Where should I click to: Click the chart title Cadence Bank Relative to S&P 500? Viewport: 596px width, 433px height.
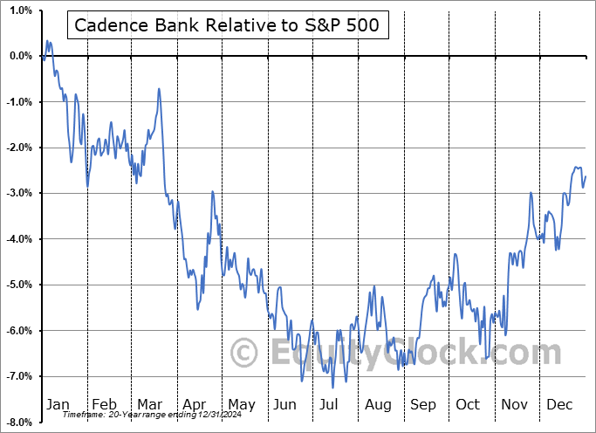click(226, 25)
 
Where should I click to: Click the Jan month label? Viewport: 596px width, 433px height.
click(57, 405)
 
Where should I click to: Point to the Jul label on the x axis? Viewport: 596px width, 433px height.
click(330, 405)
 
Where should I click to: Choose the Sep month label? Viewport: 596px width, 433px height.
click(422, 405)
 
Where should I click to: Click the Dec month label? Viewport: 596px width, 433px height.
click(558, 405)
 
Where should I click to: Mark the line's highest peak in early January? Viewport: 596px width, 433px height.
click(47, 40)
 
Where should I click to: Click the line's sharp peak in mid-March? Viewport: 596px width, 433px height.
click(159, 88)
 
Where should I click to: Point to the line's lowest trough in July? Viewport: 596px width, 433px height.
click(332, 388)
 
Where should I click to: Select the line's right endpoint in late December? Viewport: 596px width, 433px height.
click(585, 177)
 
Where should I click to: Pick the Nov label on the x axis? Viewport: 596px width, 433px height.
click(513, 405)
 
